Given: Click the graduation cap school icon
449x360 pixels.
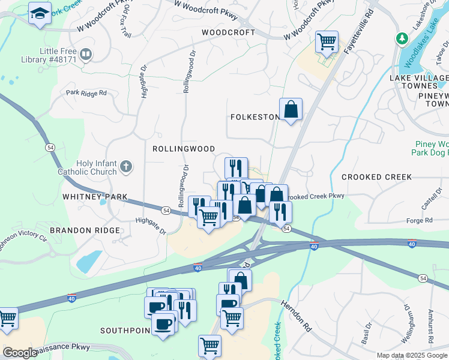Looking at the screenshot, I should point(40,14).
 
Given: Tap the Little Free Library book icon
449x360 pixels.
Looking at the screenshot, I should point(86,55).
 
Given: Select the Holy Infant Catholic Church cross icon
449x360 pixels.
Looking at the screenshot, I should point(126,166).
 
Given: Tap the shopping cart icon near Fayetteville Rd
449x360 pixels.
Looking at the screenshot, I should point(327,43).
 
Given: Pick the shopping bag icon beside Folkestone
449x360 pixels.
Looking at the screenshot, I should point(291,109).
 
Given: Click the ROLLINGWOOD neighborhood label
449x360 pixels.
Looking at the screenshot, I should point(184,148).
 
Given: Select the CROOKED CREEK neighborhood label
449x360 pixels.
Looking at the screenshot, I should point(376,177).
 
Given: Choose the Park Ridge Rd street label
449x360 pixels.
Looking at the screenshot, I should point(86,93).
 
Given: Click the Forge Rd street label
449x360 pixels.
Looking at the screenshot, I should point(420,221).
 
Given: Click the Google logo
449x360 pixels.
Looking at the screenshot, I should point(20,353).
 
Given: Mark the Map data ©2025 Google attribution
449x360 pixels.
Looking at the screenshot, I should point(412,355).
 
